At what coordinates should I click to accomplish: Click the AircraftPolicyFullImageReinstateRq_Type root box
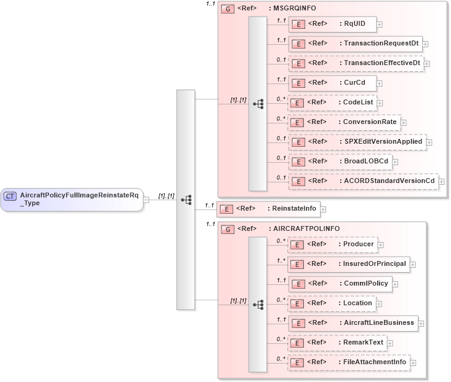point(71,199)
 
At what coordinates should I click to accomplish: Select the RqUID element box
point(332,24)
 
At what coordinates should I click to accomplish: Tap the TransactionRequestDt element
point(355,44)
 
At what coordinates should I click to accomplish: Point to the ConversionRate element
point(344,122)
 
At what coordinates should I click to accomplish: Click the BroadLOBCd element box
point(341,162)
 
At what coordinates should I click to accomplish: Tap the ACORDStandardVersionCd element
point(363,181)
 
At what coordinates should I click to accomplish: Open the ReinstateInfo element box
point(268,209)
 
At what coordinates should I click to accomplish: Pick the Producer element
point(332,244)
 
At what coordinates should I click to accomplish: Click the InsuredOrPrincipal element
point(349,264)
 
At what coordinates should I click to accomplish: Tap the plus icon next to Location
point(379,304)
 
